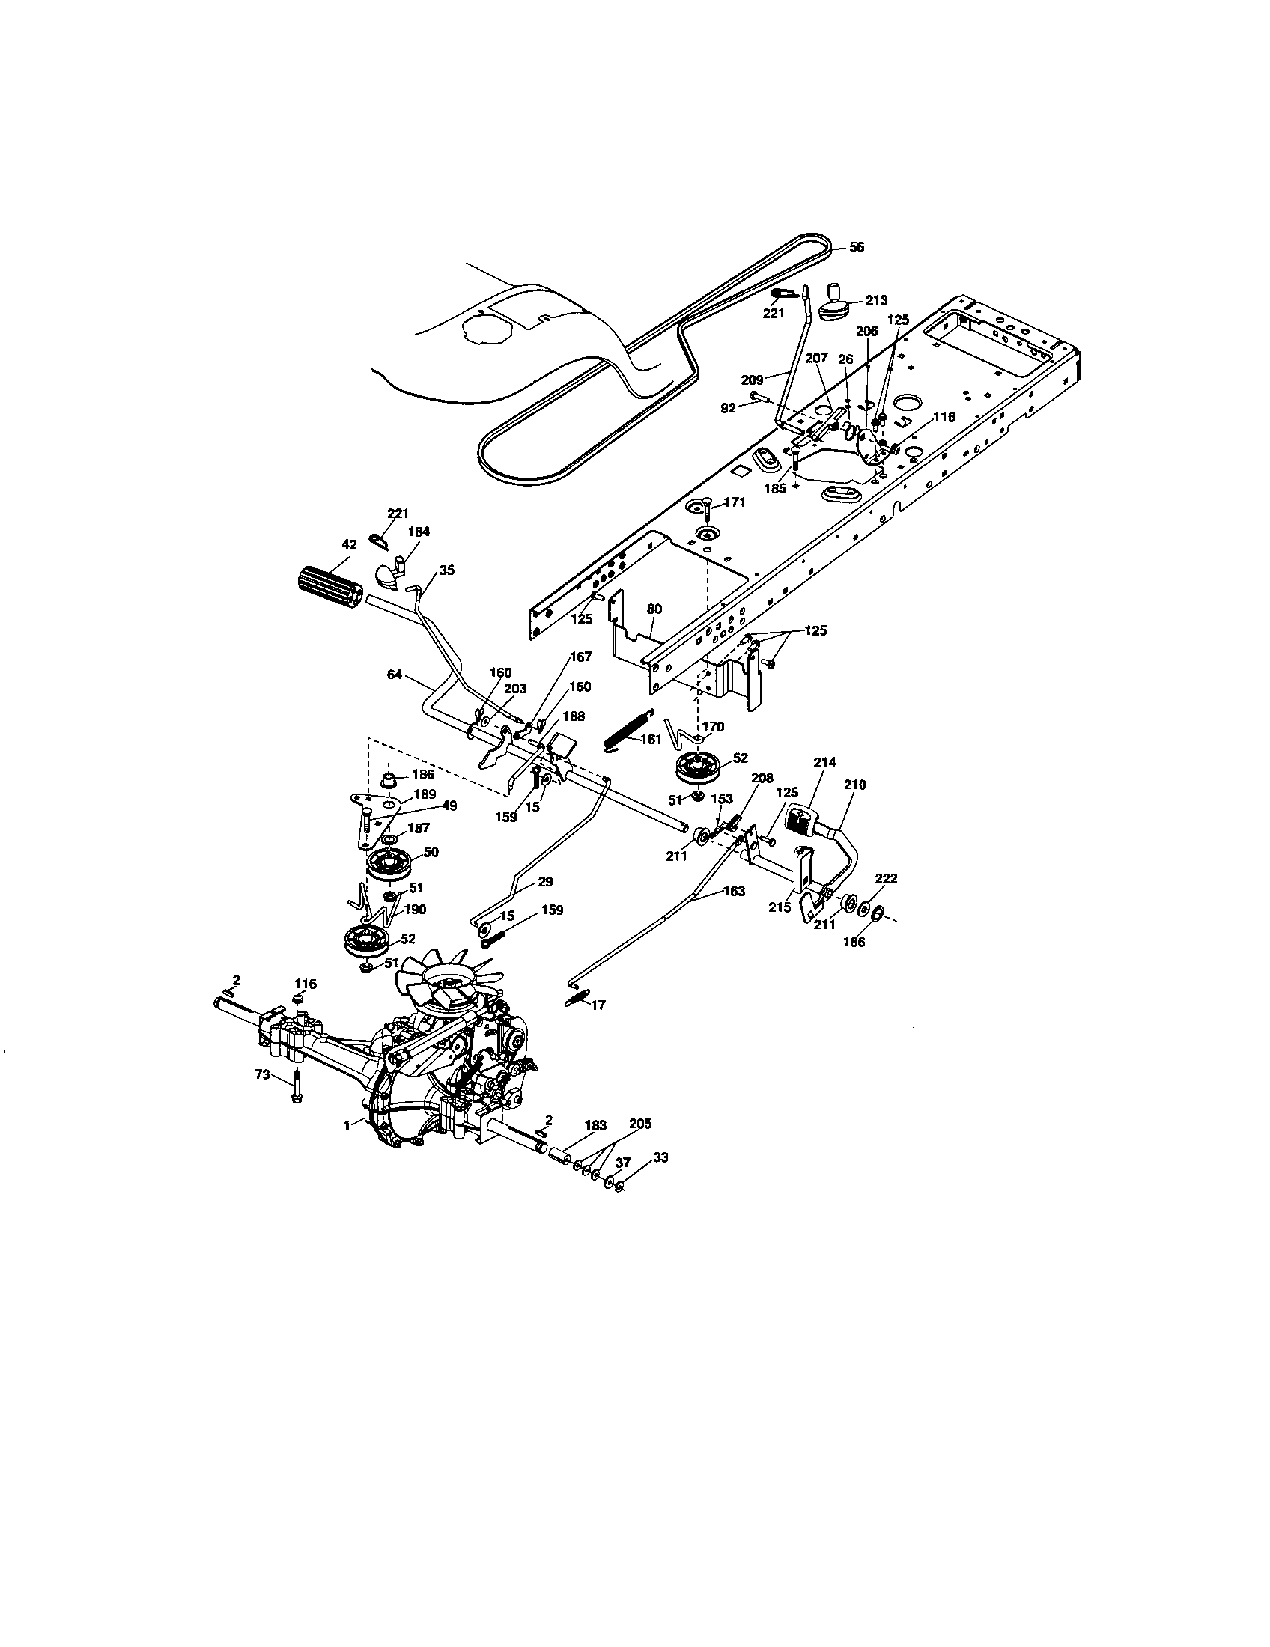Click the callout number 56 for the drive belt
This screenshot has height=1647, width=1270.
pos(856,247)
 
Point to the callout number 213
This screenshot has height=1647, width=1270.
pos(876,300)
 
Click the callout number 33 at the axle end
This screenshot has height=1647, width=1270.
pos(660,1157)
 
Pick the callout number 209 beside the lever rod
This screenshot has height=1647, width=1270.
pos(753,380)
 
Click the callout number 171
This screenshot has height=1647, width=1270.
pos(735,502)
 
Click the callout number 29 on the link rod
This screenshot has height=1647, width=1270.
pos(546,882)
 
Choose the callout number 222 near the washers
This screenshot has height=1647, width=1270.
pos(886,879)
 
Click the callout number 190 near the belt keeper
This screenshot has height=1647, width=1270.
pos(414,910)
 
